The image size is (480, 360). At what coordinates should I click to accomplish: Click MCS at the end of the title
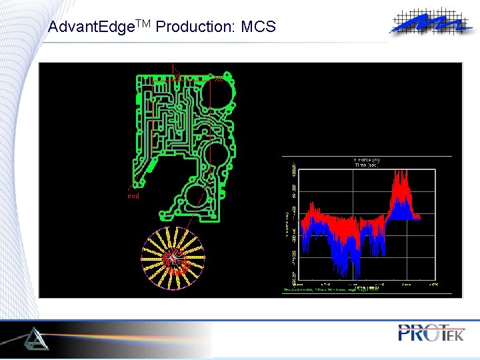tap(258, 27)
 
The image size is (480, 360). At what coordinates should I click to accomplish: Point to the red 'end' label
tap(133, 196)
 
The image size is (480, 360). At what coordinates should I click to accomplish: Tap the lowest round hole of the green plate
tap(197, 197)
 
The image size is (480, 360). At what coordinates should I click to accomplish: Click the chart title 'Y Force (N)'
tap(366, 160)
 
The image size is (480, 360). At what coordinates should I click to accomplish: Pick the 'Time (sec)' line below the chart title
tap(366, 165)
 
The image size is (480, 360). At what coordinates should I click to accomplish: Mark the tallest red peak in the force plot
tap(400, 175)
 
